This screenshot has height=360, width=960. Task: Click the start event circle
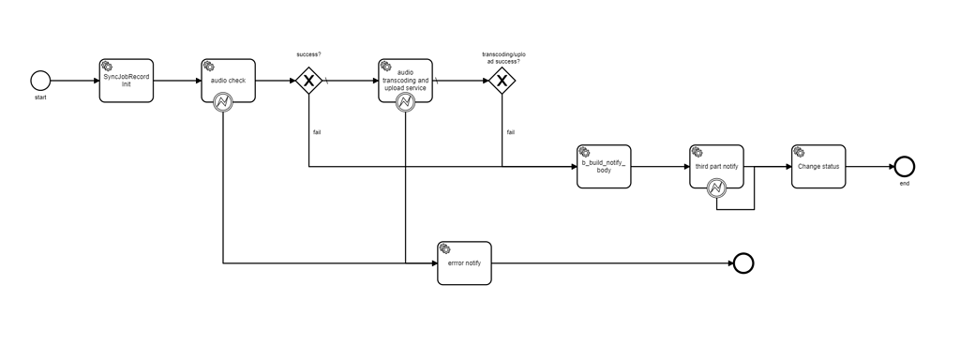39,81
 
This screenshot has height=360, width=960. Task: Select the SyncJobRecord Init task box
126,81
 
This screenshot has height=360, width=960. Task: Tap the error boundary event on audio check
223,103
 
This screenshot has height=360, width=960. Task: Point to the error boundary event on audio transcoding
406,103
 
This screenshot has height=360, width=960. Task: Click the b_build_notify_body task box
604,166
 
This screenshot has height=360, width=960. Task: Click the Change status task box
818,166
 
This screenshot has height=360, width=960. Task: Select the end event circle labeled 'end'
904,166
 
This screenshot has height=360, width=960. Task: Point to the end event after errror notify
742,262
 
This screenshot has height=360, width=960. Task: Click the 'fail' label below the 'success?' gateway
317,132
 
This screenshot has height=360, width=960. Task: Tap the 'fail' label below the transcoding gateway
510,132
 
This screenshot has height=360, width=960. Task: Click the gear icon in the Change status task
800,152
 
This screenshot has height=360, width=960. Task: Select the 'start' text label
39,97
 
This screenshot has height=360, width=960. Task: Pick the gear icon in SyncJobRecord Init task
107,66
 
